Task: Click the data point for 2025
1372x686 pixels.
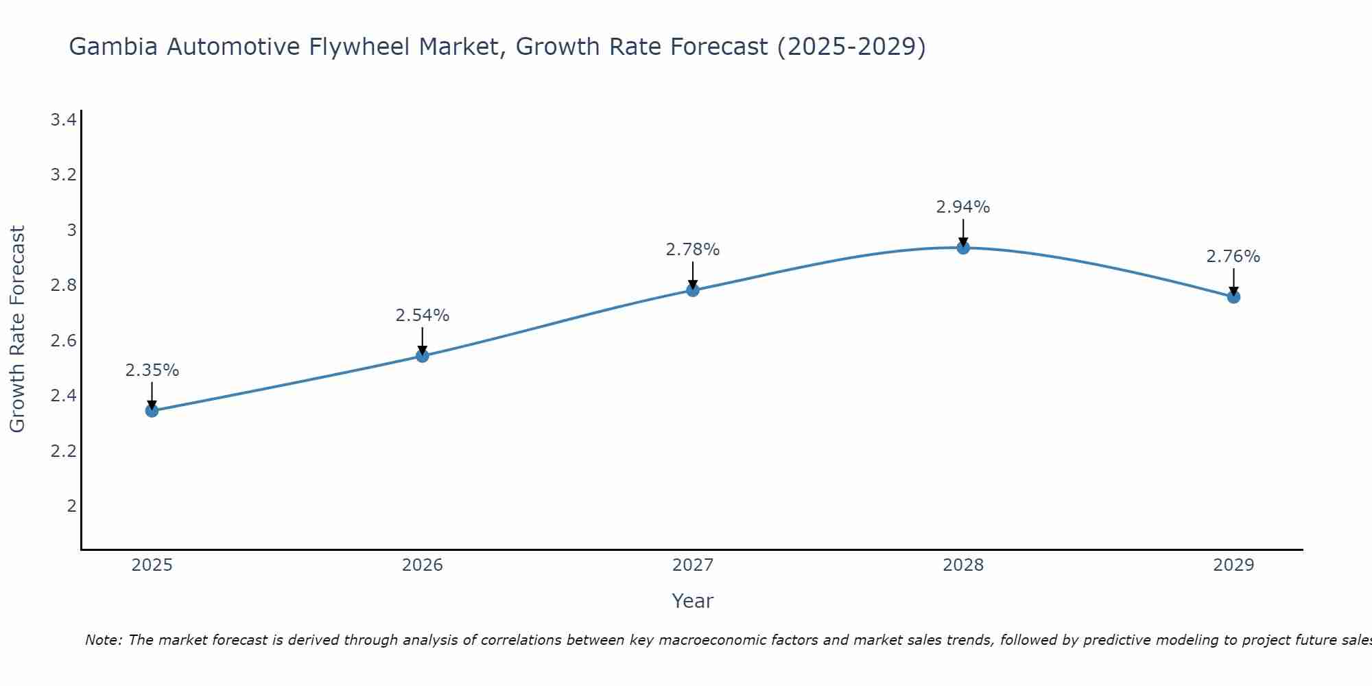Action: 152,411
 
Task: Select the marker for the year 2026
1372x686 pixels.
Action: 423,356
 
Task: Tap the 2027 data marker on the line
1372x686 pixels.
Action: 693,290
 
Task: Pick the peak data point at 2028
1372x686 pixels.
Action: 963,248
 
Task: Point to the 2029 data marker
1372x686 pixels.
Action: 1233,297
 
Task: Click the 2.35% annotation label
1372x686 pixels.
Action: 152,370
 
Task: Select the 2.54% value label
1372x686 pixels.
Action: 423,316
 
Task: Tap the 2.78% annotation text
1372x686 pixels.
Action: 693,250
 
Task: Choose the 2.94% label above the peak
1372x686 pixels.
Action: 963,207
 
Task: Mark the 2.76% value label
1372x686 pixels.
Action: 1233,257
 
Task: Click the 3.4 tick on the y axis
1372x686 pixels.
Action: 63,121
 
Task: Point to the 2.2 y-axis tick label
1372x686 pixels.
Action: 63,451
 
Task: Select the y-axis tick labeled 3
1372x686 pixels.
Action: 71,230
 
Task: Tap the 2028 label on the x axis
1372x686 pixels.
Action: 963,565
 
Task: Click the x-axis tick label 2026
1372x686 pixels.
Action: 423,565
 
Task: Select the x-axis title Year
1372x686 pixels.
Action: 693,601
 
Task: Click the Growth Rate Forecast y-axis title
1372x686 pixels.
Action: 18,329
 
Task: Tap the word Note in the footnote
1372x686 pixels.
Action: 103,640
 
